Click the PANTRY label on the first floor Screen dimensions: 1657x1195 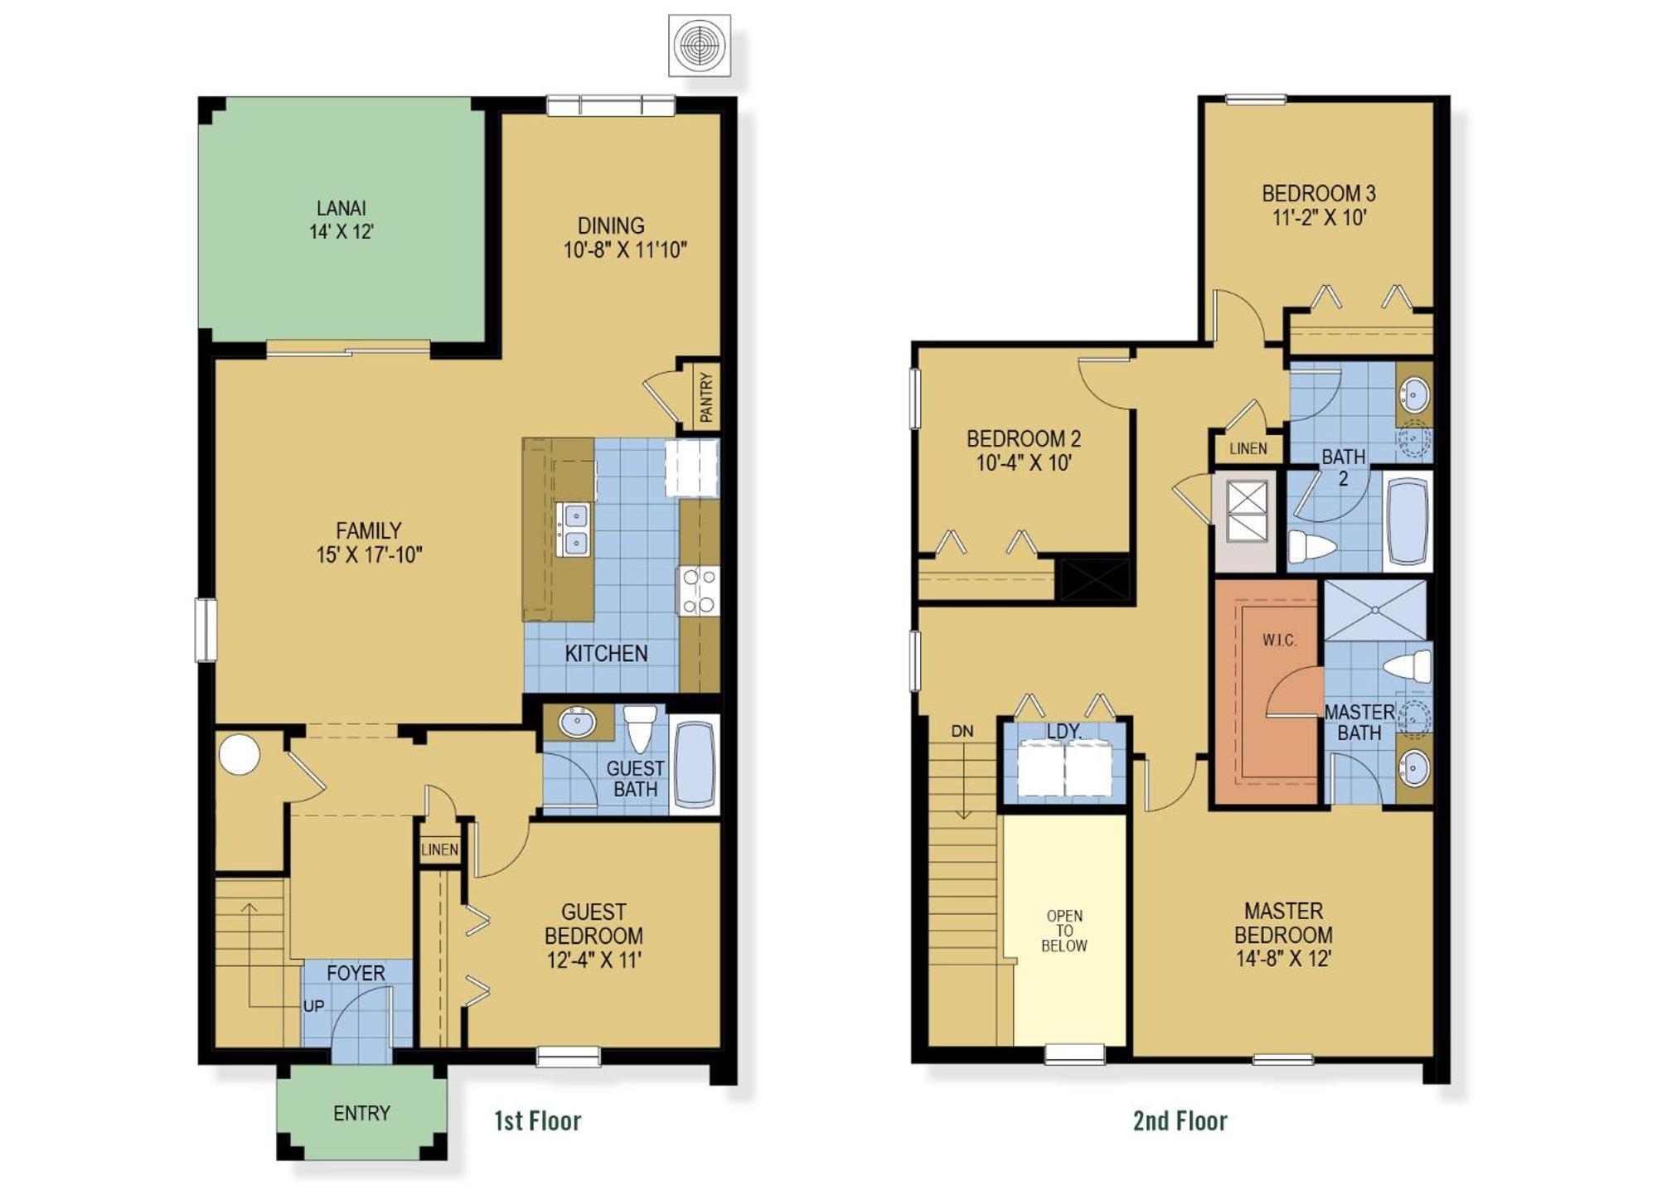705,397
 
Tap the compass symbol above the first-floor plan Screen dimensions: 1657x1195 700,46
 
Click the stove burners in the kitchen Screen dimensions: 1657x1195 698,591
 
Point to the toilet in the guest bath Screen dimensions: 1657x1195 640,727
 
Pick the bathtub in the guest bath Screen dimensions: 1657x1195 694,764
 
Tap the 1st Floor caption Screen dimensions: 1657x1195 537,1120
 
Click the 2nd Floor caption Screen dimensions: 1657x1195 1180,1120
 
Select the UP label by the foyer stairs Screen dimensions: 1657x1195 313,1006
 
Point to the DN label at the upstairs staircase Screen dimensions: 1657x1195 962,731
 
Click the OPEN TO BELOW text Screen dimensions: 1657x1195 1064,931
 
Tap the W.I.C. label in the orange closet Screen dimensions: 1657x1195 1280,640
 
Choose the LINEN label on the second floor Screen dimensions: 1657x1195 1248,448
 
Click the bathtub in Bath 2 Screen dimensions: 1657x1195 1407,520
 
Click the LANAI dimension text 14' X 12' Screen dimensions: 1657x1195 342,232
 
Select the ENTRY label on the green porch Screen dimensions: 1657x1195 361,1113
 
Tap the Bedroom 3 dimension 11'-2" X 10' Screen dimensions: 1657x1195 1319,217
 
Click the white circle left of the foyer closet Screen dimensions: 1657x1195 240,754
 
